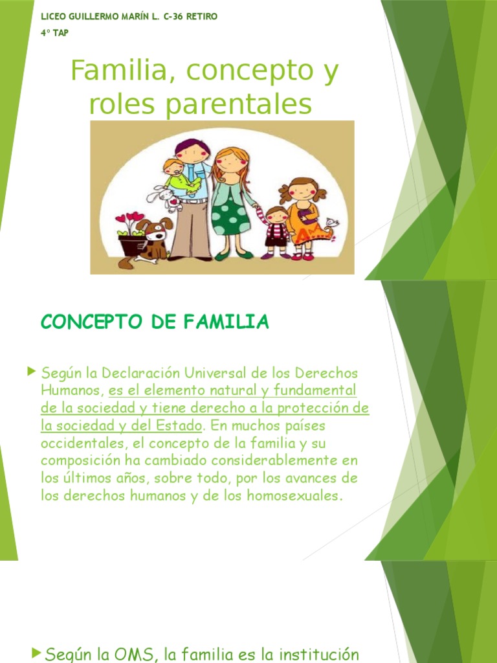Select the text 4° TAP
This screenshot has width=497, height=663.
(x=54, y=33)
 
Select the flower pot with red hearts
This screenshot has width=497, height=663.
(x=132, y=242)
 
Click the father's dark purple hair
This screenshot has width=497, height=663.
(x=193, y=143)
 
